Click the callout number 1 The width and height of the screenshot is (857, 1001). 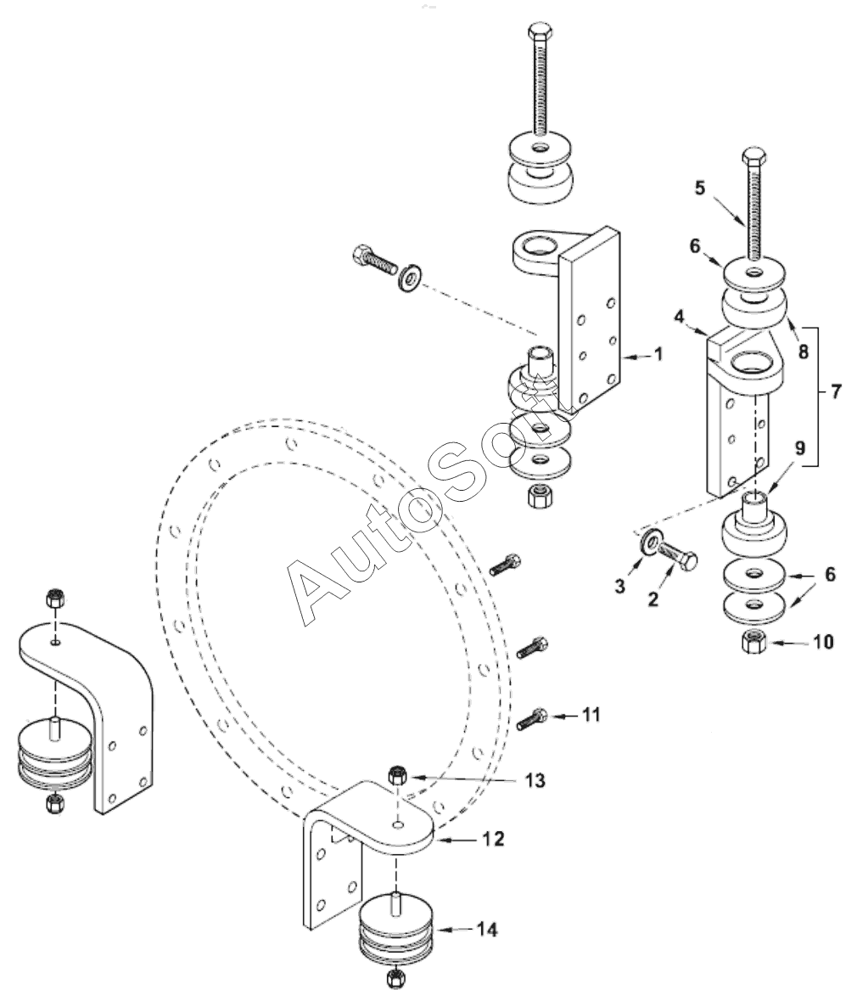pos(658,354)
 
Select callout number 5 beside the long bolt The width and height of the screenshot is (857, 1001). pos(700,188)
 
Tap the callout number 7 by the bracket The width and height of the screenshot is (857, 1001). pos(837,391)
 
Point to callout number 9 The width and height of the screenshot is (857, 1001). pos(800,449)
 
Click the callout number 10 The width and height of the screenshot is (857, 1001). pos(823,641)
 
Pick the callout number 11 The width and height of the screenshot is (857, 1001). pos(591,714)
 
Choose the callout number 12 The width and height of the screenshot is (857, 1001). pos(493,838)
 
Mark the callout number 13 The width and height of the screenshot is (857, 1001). pos(535,780)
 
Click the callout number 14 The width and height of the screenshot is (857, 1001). pos(487,930)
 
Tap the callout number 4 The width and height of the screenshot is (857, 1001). pos(679,316)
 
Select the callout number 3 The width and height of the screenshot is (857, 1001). pos(619,586)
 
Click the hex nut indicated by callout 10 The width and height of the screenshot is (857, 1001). pos(753,641)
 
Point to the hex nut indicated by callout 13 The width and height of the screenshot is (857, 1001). pos(395,776)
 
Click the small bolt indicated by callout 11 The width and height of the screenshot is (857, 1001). pos(533,719)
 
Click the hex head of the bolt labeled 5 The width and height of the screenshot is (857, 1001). pos(753,155)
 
